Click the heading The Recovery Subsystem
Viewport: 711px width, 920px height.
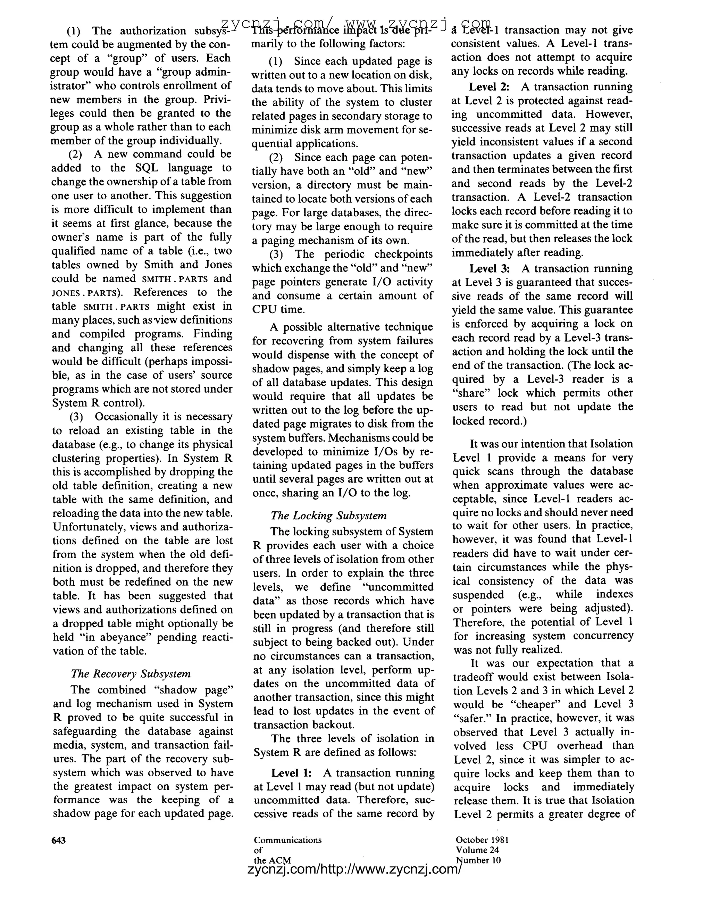coord(131,674)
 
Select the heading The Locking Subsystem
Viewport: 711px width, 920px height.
coord(328,516)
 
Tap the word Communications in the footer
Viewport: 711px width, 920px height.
coord(288,840)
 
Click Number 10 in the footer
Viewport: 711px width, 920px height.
coord(478,860)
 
